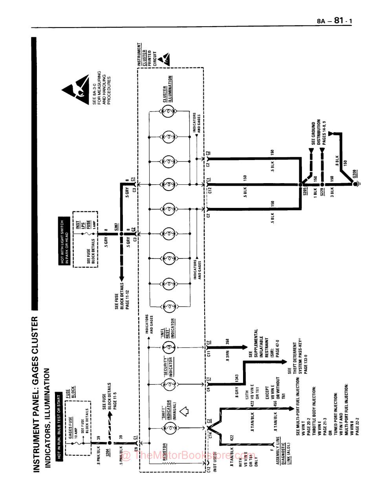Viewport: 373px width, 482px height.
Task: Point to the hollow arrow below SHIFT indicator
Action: click(x=184, y=411)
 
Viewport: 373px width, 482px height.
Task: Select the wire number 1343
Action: click(x=237, y=378)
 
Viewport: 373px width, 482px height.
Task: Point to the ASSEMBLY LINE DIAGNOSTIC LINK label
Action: click(x=282, y=451)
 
